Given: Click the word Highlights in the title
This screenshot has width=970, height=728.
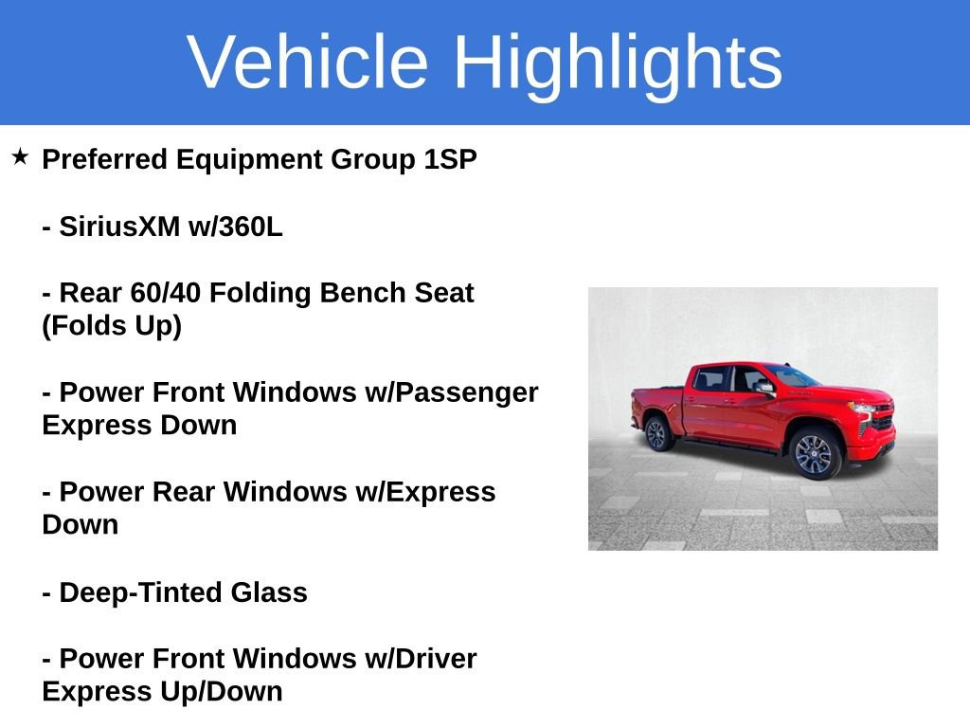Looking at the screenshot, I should pyautogui.click(x=618, y=62).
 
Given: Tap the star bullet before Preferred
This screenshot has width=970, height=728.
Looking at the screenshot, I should pyautogui.click(x=21, y=156).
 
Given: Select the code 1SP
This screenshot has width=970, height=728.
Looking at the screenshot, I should pyautogui.click(x=449, y=159).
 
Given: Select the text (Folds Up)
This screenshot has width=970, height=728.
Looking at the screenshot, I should pyautogui.click(x=112, y=326).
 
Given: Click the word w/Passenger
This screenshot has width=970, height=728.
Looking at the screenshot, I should pyautogui.click(x=451, y=392).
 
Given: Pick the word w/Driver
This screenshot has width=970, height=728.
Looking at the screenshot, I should pyautogui.click(x=421, y=659).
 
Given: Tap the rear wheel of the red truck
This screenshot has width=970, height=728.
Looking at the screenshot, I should pyautogui.click(x=656, y=433).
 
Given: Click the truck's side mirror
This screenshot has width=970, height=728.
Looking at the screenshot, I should pyautogui.click(x=763, y=387).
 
